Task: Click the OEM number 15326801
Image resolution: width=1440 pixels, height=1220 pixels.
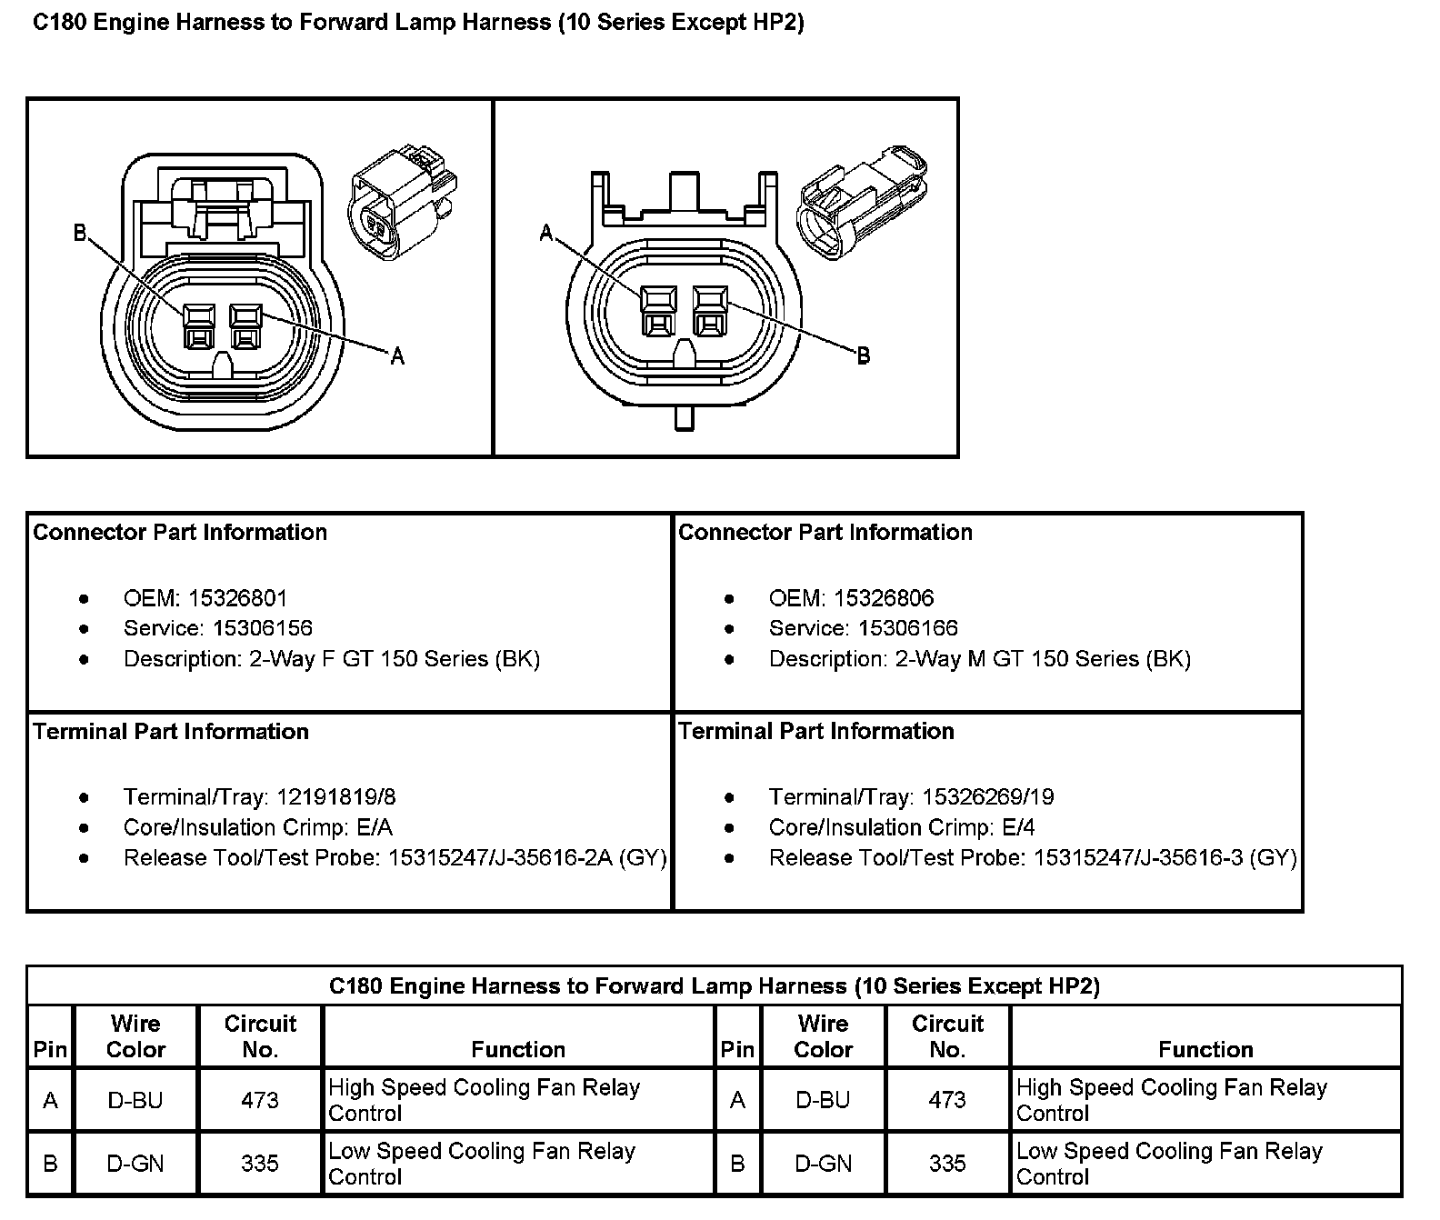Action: [238, 598]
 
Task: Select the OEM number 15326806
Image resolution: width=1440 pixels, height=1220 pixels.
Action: [884, 598]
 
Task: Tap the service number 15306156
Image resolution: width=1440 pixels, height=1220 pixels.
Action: [263, 628]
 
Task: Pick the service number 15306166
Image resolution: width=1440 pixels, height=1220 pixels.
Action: [908, 628]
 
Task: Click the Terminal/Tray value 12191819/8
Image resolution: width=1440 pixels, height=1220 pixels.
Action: [336, 797]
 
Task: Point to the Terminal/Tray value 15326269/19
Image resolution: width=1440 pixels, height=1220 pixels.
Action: [988, 797]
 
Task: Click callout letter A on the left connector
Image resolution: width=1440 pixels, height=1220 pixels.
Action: [397, 356]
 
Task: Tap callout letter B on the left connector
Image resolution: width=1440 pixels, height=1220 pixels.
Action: [80, 234]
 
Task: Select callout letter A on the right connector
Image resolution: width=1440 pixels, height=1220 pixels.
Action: [545, 234]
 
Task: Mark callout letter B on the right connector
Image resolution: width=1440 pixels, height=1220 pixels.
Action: [864, 355]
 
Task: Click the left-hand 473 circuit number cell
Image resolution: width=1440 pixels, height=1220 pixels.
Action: [260, 1100]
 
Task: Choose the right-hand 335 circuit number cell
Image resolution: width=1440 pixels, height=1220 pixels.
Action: [947, 1164]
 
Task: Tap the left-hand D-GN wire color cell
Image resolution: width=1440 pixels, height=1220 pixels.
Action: [135, 1164]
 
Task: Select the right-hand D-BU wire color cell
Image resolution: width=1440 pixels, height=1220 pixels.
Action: [823, 1100]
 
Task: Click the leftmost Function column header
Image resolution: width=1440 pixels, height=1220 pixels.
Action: [518, 1049]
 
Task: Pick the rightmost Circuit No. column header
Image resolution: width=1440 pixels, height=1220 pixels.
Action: [947, 1036]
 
